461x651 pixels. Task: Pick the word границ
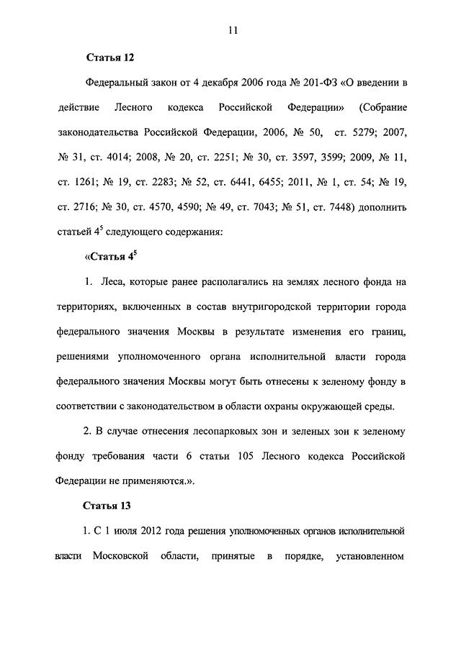click(x=386, y=332)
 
